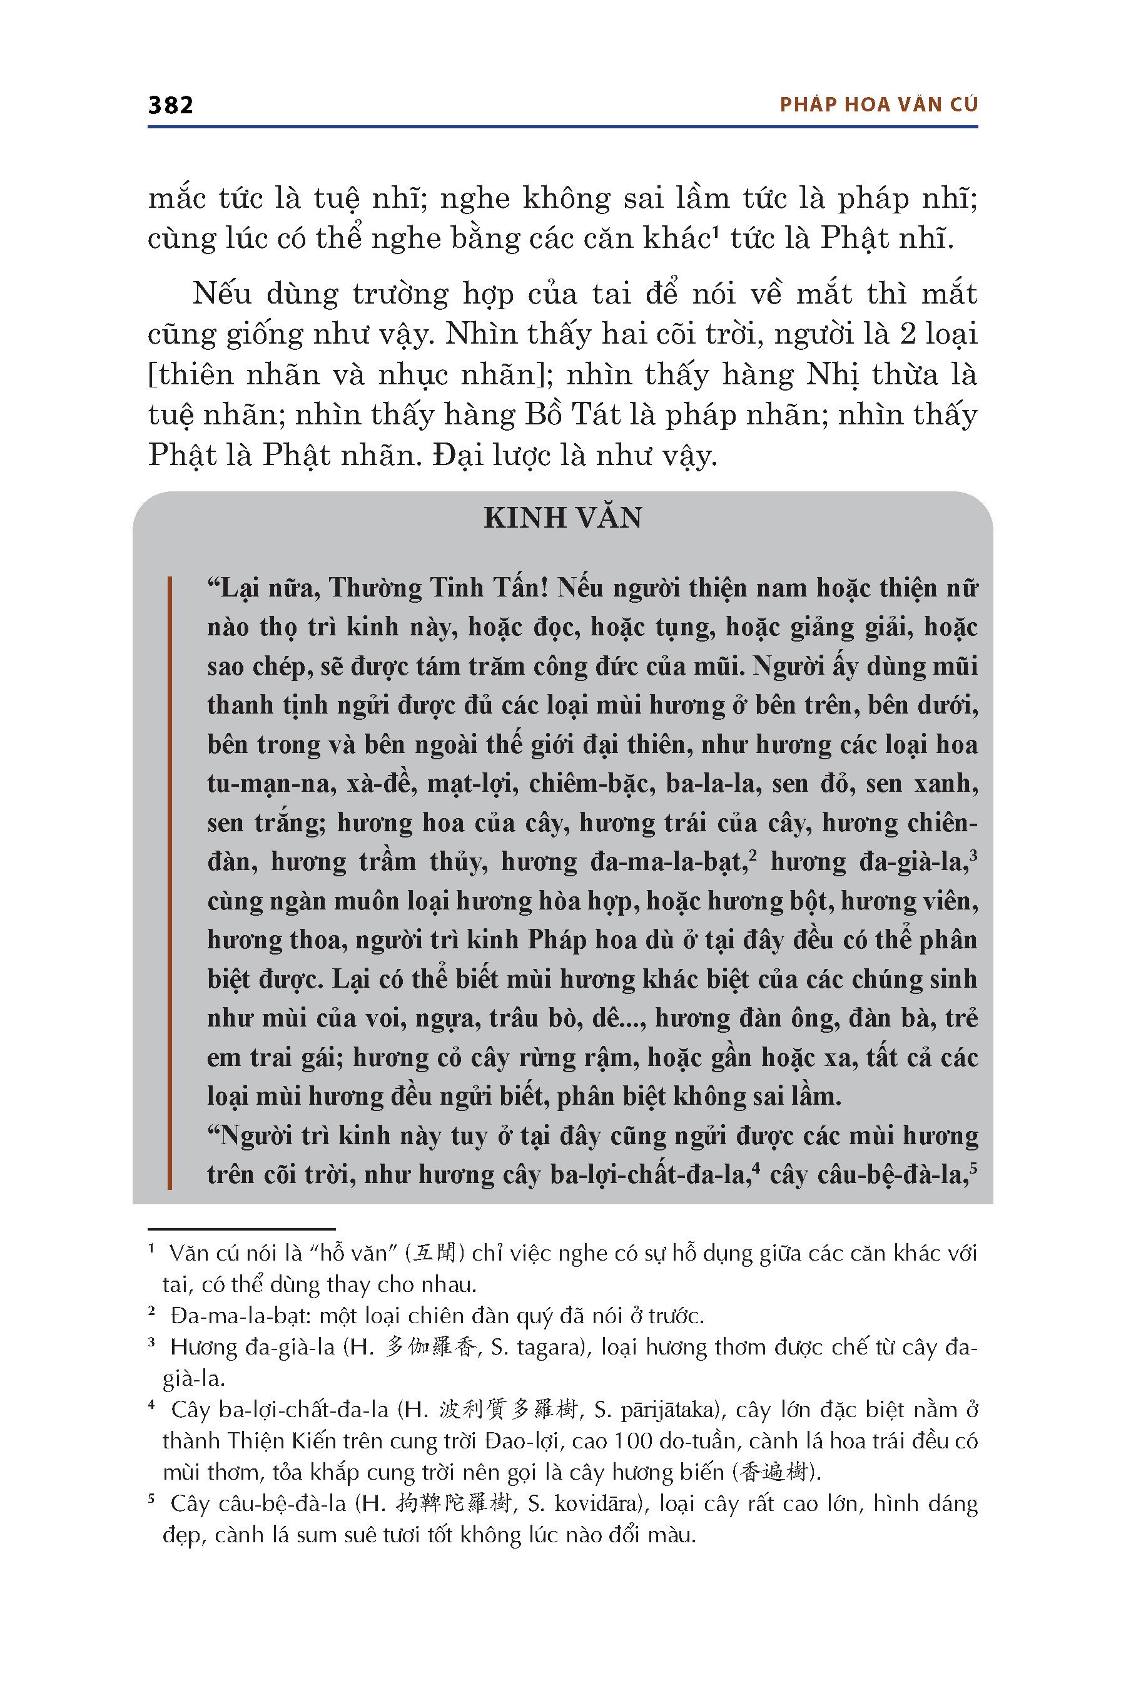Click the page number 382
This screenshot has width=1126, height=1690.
(x=170, y=105)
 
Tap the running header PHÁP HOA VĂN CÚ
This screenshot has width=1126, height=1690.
(x=878, y=105)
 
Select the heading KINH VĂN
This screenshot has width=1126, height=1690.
(x=562, y=518)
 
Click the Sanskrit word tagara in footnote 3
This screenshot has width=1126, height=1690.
(x=550, y=1346)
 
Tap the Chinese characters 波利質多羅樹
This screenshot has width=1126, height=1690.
(x=508, y=1410)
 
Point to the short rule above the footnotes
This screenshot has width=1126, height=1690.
(x=241, y=1229)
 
